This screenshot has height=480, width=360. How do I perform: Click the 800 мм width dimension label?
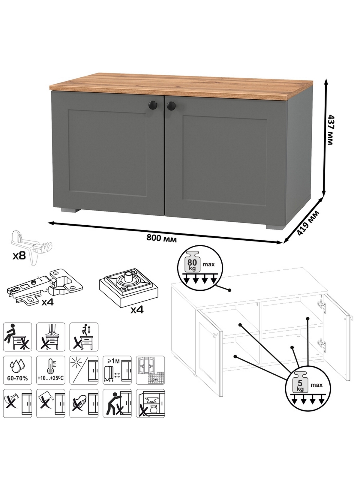[x=161, y=238]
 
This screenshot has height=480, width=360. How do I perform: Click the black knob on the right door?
[x=171, y=106]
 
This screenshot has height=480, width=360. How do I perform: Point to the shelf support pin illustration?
[x=32, y=247]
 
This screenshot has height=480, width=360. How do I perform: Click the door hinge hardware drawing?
[x=45, y=287]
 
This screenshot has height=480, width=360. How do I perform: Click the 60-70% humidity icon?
[x=17, y=370]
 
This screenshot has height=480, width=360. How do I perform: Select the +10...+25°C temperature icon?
[x=51, y=370]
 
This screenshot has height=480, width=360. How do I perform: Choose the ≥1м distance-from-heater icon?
[x=117, y=370]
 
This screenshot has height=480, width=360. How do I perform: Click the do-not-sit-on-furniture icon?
[x=17, y=337]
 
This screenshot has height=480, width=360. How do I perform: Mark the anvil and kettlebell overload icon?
[x=150, y=403]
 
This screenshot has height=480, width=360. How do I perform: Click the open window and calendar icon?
[x=150, y=370]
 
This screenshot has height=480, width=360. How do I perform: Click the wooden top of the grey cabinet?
[x=181, y=88]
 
